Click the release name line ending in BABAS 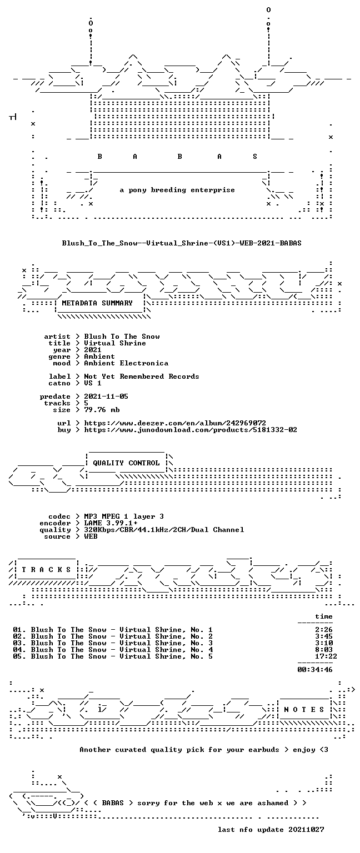coord(182,243)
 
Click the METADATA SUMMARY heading coord(97,303)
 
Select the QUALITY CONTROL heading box coord(126,463)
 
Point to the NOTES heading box coord(304,710)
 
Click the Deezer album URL coord(175,423)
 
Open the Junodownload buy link coord(191,430)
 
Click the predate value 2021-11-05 coord(106,397)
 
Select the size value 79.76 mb coord(102,410)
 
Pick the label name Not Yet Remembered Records coord(141,377)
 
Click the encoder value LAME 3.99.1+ coord(111,523)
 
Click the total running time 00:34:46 coord(314,670)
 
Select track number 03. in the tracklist coord(19,643)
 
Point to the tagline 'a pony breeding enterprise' coord(177,190)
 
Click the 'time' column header coord(324,616)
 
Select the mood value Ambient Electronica coord(126,363)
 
